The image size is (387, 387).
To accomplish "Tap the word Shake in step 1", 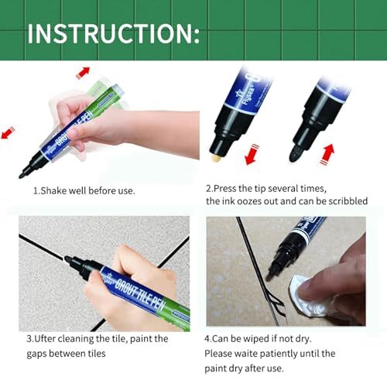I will pyautogui.click(x=58, y=190).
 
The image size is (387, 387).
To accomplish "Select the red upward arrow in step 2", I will pyautogui.click(x=328, y=150).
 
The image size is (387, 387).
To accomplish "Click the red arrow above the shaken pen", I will pyautogui.click(x=83, y=73).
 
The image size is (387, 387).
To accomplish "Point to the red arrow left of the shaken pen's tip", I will pyautogui.click(x=8, y=133).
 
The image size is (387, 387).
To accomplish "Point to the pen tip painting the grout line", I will pyautogui.click(x=69, y=261).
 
